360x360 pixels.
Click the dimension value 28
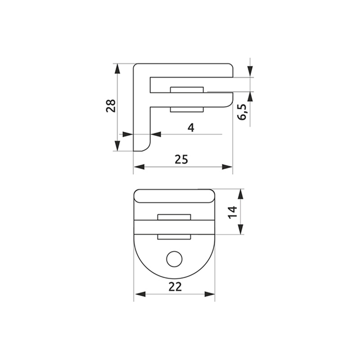click(x=111, y=106)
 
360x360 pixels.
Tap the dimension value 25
click(x=181, y=159)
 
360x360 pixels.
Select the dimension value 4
click(x=191, y=128)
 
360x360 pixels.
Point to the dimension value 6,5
click(x=242, y=112)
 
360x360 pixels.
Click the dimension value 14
click(x=233, y=212)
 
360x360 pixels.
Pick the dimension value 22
click(x=175, y=287)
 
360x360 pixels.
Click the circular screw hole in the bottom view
click(x=174, y=259)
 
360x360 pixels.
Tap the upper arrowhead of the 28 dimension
click(x=117, y=69)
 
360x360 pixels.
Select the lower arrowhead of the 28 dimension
click(x=117, y=145)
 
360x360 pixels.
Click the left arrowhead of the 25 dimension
click(x=139, y=167)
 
